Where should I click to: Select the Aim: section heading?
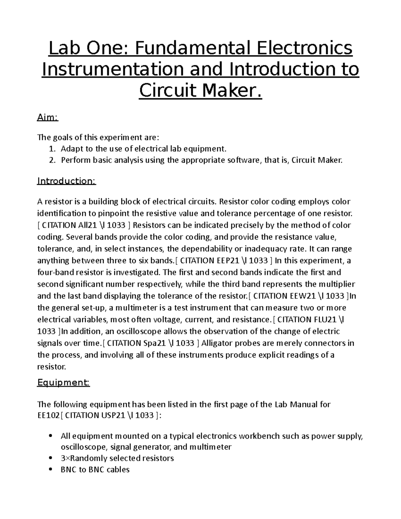47,118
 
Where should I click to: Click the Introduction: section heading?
66,181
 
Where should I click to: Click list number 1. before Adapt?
52,148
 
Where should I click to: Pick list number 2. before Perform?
52,160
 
